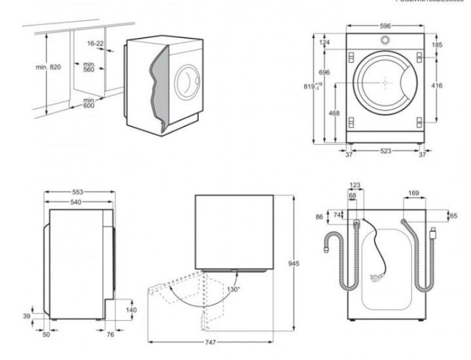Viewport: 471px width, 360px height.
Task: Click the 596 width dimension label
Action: (x=385, y=26)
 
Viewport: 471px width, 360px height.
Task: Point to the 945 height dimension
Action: (x=295, y=263)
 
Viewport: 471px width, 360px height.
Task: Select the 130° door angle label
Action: (x=233, y=289)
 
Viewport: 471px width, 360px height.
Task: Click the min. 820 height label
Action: (x=48, y=67)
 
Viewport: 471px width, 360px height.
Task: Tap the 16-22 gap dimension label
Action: (x=96, y=43)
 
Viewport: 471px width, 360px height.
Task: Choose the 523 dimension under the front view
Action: (x=385, y=151)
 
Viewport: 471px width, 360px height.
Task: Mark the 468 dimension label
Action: (x=334, y=113)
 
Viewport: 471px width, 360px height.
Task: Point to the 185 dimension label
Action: (x=437, y=45)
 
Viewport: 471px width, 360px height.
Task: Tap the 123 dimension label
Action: (x=356, y=186)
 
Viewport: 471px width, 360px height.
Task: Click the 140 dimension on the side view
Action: (x=131, y=310)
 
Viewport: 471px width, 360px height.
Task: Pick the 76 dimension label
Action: (x=109, y=334)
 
